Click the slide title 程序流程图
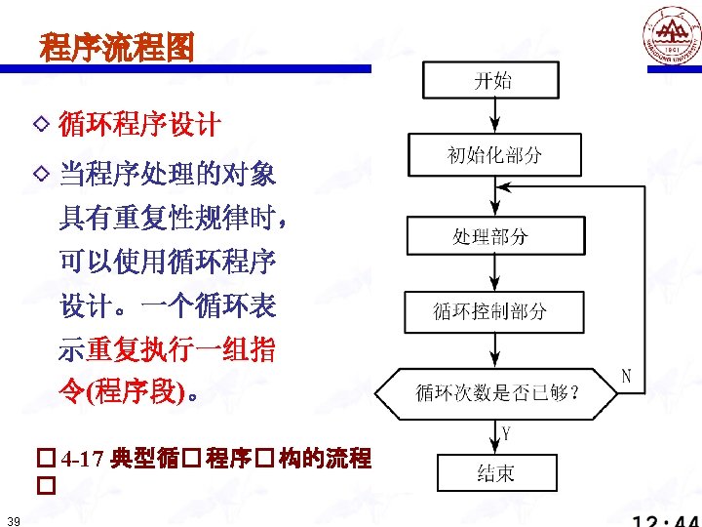(x=117, y=46)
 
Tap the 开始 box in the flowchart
(x=490, y=80)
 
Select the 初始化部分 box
(x=494, y=154)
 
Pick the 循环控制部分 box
(x=494, y=311)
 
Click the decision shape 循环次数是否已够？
(x=498, y=392)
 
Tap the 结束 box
(x=496, y=473)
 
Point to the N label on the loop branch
(x=627, y=376)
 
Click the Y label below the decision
(x=507, y=431)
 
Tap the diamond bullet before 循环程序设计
(x=41, y=124)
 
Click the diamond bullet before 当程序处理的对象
(x=41, y=174)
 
